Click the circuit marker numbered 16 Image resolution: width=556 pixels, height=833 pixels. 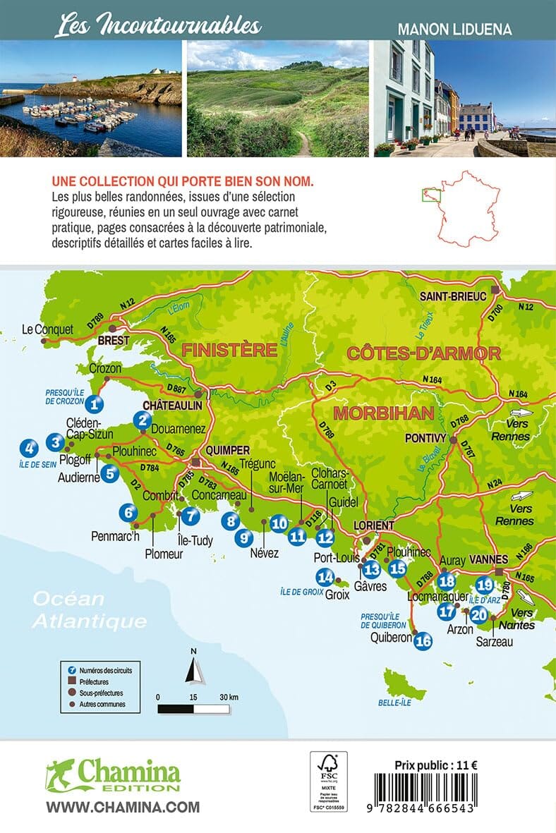pos(423,641)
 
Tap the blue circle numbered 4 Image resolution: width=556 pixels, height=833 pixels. pos(29,447)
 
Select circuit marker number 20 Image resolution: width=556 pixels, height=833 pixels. pos(478,614)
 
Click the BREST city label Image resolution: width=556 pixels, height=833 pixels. pos(114,341)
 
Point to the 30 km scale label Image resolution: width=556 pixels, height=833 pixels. pos(229,697)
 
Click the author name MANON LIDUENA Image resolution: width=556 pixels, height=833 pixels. pos(454,30)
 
